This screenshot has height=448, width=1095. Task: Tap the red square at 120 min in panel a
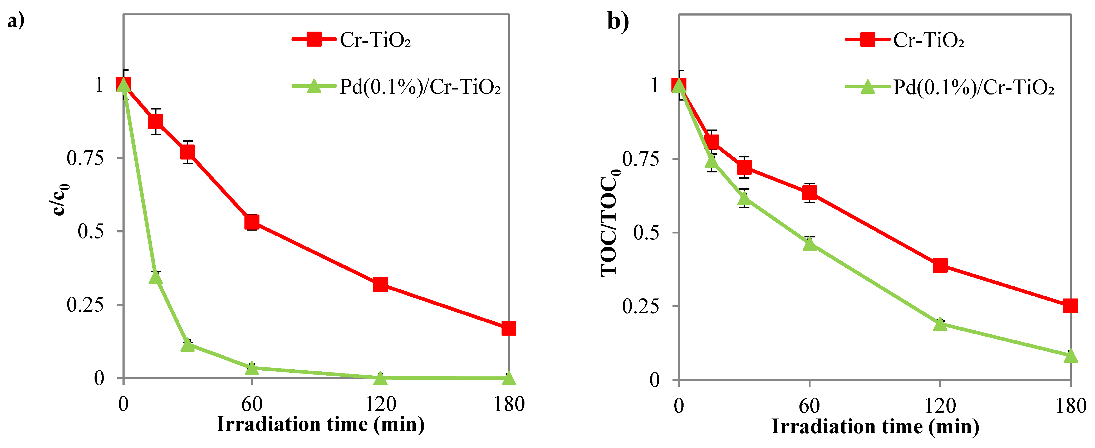click(x=380, y=284)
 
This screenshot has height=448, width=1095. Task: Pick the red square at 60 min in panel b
click(x=809, y=193)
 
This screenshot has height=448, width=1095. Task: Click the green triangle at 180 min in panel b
click(x=1070, y=355)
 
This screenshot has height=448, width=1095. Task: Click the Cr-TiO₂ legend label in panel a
click(x=375, y=40)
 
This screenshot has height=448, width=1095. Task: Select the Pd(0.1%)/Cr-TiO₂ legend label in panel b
click(x=973, y=87)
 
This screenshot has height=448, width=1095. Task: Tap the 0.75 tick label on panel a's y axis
click(x=85, y=158)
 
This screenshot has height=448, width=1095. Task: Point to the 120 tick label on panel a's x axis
click(x=380, y=404)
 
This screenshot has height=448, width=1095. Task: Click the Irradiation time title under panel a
click(x=321, y=424)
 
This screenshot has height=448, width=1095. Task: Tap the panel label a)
click(x=16, y=20)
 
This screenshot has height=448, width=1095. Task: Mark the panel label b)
click(x=618, y=21)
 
